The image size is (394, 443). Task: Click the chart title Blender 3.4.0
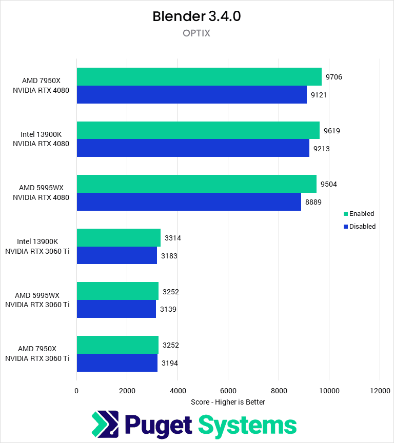(196, 16)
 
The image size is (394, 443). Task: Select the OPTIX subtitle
(196, 33)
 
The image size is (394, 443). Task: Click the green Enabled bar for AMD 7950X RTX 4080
(199, 77)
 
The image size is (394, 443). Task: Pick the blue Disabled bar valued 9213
(193, 148)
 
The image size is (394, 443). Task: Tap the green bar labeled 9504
(196, 184)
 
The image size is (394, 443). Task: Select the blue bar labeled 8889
(189, 202)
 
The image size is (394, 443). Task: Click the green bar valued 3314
(119, 238)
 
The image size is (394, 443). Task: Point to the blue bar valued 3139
(116, 309)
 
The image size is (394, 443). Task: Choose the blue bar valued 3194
(117, 363)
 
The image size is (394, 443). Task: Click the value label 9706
(334, 77)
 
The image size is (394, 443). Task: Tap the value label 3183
(169, 255)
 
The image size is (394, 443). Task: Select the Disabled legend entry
(359, 226)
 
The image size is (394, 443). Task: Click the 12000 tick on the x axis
(379, 391)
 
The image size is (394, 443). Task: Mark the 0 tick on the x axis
(77, 391)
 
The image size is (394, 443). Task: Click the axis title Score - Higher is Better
(228, 402)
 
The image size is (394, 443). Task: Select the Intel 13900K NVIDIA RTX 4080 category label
(41, 139)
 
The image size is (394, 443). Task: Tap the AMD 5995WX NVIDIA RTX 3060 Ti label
(37, 300)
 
